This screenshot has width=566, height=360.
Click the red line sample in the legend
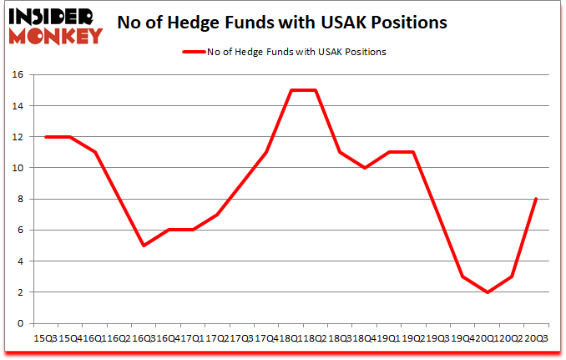point(192,52)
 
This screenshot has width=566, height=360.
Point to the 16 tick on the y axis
point(17,75)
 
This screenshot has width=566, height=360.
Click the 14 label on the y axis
point(17,106)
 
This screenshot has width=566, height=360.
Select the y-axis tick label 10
point(17,168)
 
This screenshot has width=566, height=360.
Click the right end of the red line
point(535,199)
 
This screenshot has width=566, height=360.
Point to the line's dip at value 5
point(144,246)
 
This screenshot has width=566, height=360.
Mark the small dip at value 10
point(365,168)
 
